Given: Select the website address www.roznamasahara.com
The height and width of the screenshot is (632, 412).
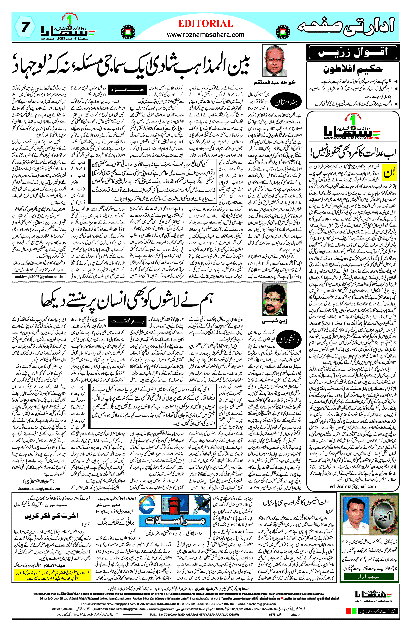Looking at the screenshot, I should (x=206, y=35).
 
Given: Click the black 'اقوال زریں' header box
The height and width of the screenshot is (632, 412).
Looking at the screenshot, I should (x=353, y=52).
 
